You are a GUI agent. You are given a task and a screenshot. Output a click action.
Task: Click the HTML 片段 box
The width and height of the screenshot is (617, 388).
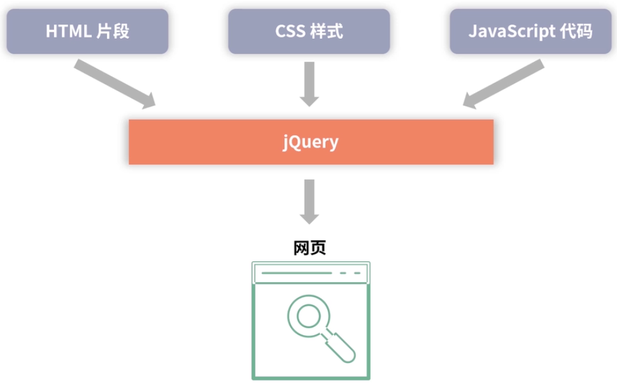(87, 31)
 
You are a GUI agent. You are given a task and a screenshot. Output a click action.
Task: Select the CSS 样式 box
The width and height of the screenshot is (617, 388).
(309, 31)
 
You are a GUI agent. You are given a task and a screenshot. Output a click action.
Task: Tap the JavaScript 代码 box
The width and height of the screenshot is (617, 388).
(530, 31)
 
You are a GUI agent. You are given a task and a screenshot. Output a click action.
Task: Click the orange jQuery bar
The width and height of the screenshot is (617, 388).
(191, 142)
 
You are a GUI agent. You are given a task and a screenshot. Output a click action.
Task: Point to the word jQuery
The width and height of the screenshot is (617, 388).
(310, 142)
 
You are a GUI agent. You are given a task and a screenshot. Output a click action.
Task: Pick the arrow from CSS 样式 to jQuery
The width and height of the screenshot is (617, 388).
(309, 83)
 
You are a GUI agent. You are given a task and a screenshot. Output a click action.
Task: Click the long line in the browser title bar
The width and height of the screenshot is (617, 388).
(296, 273)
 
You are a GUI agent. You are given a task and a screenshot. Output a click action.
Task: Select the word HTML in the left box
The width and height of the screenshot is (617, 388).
(67, 31)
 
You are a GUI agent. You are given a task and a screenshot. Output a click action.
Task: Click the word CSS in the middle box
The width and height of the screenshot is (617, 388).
(290, 31)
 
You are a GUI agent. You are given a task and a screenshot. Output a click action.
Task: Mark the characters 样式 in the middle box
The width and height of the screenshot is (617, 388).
(328, 31)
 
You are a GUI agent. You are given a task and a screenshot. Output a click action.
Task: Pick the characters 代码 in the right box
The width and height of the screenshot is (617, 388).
(577, 31)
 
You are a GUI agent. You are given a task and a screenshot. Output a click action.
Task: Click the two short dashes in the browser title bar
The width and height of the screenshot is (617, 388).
(350, 273)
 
